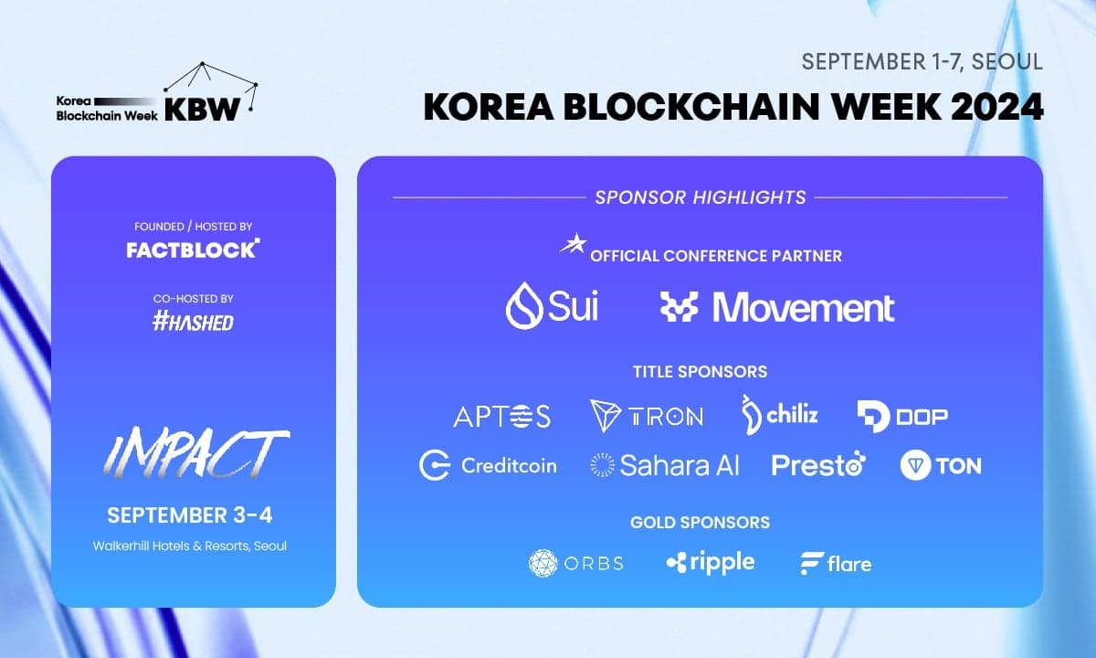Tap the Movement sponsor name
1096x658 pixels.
coord(804,308)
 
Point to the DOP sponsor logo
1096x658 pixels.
coord(902,417)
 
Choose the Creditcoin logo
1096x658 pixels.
coord(488,465)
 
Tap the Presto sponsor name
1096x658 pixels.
coord(818,465)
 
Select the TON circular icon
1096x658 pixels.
coord(915,465)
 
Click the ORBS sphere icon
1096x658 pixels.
coord(543,563)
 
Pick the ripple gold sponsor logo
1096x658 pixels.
coord(711,562)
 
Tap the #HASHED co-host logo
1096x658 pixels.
coord(193,322)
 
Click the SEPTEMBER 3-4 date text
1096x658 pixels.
coord(190,515)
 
